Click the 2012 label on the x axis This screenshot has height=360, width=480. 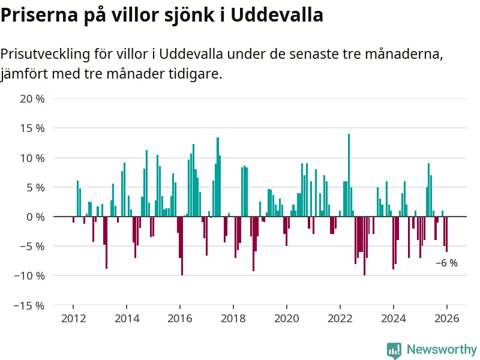(x=73, y=319)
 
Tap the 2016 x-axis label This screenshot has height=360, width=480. (x=180, y=319)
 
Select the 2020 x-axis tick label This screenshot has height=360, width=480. (x=287, y=319)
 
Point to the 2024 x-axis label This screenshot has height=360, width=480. (x=394, y=319)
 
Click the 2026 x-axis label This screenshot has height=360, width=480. (x=447, y=319)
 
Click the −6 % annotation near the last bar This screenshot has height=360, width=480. (x=446, y=263)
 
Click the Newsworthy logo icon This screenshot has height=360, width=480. (x=394, y=350)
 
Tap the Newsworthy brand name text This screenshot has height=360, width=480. (x=442, y=349)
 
